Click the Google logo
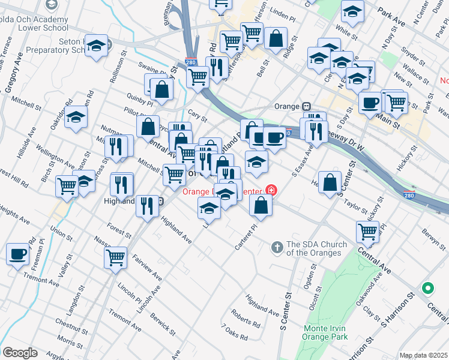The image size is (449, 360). tap(20, 353)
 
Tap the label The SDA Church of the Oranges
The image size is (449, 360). tap(316, 248)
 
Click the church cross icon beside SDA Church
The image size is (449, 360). tap(277, 246)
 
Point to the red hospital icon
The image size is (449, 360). tap(271, 190)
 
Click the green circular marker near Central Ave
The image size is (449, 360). tap(428, 289)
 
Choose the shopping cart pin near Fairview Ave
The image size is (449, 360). tap(115, 257)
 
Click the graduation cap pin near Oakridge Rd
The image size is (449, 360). tap(76, 118)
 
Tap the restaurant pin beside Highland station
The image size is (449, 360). tap(146, 207)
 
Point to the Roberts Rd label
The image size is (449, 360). tap(246, 317)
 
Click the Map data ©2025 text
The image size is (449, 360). tap(423, 355)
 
